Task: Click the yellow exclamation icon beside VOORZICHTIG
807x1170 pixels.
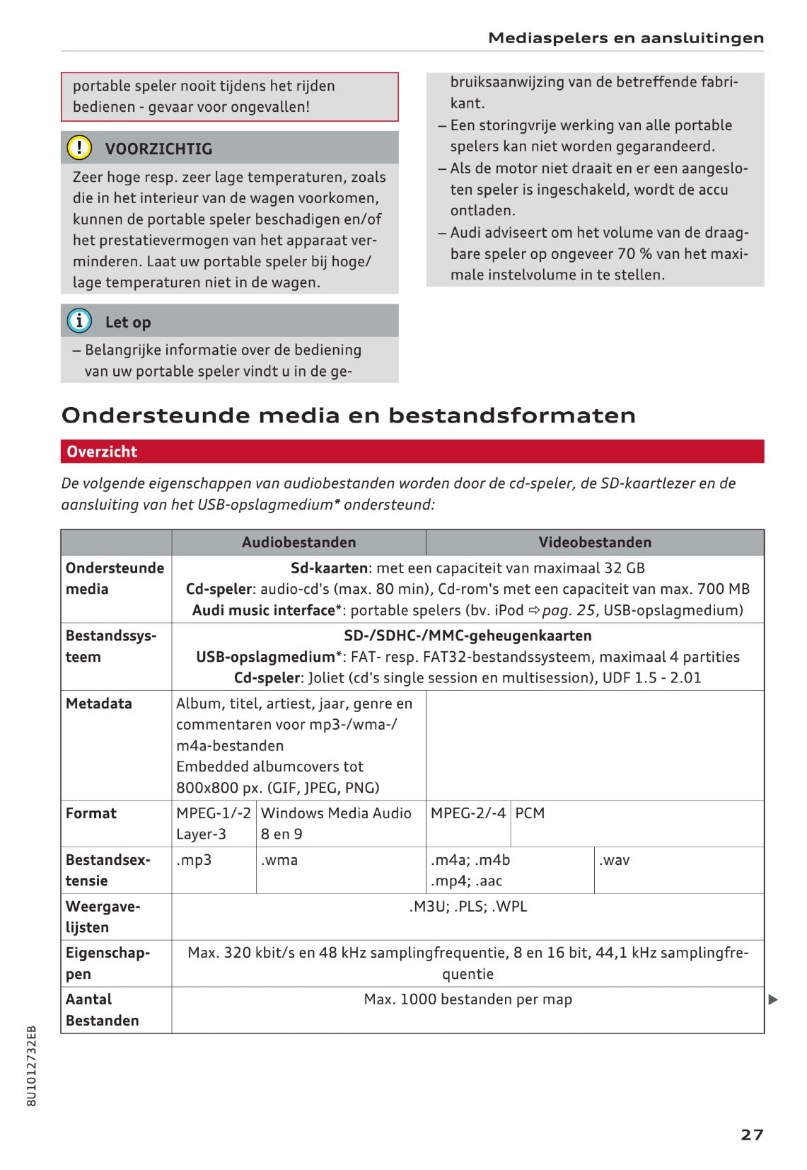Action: tap(79, 147)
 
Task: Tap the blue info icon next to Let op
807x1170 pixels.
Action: tap(79, 321)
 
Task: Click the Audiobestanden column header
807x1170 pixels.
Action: tap(298, 542)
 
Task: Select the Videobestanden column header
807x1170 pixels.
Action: tap(595, 542)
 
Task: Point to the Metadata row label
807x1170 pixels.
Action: tap(98, 703)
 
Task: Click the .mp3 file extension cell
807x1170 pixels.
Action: tap(194, 860)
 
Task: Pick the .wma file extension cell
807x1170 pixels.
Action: tap(279, 860)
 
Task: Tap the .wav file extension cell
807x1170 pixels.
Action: tap(614, 860)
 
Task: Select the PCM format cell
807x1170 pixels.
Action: tap(530, 813)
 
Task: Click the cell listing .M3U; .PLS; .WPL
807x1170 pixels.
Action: tap(468, 907)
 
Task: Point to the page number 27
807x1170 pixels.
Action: tap(752, 1135)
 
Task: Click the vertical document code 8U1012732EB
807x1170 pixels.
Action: tap(31, 1065)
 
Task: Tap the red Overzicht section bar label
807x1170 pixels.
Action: tap(102, 452)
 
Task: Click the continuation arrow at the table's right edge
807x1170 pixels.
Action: tap(773, 999)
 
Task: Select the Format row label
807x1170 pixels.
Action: tap(91, 813)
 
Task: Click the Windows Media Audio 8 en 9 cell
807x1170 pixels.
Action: tap(336, 823)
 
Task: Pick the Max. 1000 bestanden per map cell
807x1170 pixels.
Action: tap(468, 999)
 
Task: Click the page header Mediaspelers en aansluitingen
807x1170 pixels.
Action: tap(626, 38)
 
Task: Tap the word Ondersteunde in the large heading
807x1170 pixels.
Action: tap(156, 415)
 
